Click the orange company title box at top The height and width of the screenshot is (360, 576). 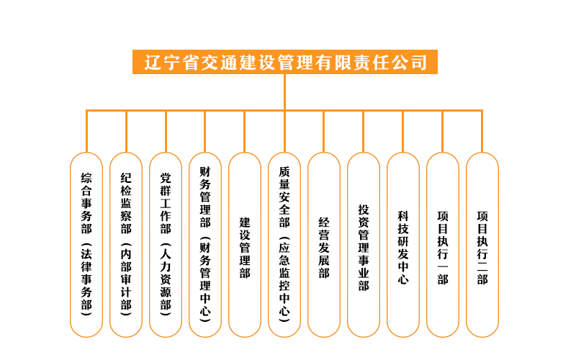tap(284, 62)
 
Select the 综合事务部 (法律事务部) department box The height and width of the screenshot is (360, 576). tap(86, 245)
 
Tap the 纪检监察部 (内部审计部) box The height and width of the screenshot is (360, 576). tap(126, 245)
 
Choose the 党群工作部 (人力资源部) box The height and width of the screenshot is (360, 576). tap(166, 245)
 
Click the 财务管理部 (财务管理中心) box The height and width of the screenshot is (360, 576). tap(205, 245)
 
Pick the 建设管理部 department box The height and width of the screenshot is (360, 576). tap(245, 245)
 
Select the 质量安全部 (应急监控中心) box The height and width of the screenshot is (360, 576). tap(284, 245)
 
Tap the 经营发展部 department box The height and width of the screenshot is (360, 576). tap(324, 245)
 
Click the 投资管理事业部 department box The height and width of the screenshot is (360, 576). tap(364, 245)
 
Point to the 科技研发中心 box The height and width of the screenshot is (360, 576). tap(403, 245)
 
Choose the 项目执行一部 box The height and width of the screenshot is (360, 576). tap(443, 245)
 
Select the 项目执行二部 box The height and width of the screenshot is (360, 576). tap(482, 245)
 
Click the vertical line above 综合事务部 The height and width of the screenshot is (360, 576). tap(86, 131)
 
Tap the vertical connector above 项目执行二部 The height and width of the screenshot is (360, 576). tap(482, 131)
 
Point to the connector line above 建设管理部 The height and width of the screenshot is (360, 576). tap(245, 131)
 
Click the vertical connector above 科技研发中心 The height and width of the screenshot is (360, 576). tap(403, 131)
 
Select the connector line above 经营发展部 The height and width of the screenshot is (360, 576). tap(323, 131)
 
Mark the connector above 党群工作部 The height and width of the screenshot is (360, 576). tap(166, 131)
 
